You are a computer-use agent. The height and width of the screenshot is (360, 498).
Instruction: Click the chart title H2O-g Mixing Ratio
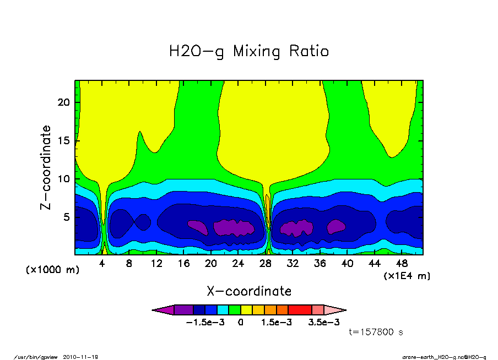coord(249,52)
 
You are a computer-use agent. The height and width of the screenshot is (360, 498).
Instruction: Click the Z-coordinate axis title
coord(46,167)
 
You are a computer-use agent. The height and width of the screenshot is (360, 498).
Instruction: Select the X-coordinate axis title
coord(249,291)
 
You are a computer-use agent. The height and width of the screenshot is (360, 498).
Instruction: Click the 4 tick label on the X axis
coord(102,264)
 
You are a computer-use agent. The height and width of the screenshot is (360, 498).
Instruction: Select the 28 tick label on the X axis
coord(266,264)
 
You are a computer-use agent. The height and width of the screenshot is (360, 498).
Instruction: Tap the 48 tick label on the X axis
coord(402,264)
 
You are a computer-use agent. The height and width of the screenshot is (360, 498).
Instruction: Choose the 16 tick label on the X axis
coord(183,264)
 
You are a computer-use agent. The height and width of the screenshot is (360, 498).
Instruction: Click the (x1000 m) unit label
coord(49,270)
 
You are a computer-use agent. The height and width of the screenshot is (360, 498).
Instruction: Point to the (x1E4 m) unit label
coord(407,276)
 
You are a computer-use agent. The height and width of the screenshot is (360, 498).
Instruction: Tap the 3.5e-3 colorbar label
coord(323,323)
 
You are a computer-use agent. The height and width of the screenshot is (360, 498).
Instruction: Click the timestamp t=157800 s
coord(377,332)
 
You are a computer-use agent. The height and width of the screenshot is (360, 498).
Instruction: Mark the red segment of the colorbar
coord(300,310)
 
